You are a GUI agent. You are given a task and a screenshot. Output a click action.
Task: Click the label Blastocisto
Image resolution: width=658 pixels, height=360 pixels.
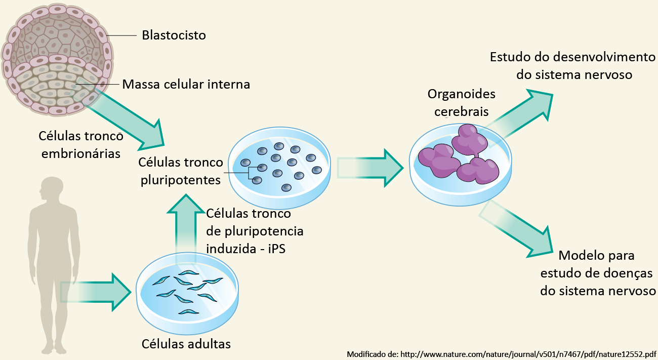pyautogui.click(x=174, y=35)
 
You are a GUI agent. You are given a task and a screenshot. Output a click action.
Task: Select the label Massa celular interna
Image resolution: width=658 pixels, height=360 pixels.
pyautogui.click(x=186, y=84)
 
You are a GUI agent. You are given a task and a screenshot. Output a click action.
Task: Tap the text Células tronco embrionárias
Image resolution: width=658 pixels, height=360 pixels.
pyautogui.click(x=80, y=144)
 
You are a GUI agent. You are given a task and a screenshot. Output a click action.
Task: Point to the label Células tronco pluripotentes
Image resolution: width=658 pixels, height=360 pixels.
pyautogui.click(x=181, y=171)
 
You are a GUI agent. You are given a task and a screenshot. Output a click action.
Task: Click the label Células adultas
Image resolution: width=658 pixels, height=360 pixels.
pyautogui.click(x=186, y=344)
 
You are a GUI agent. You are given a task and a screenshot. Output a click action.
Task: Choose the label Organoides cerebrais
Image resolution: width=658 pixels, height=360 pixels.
pyautogui.click(x=461, y=102)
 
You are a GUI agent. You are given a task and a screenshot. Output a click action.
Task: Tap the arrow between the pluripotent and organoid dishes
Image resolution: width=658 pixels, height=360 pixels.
pyautogui.click(x=369, y=166)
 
